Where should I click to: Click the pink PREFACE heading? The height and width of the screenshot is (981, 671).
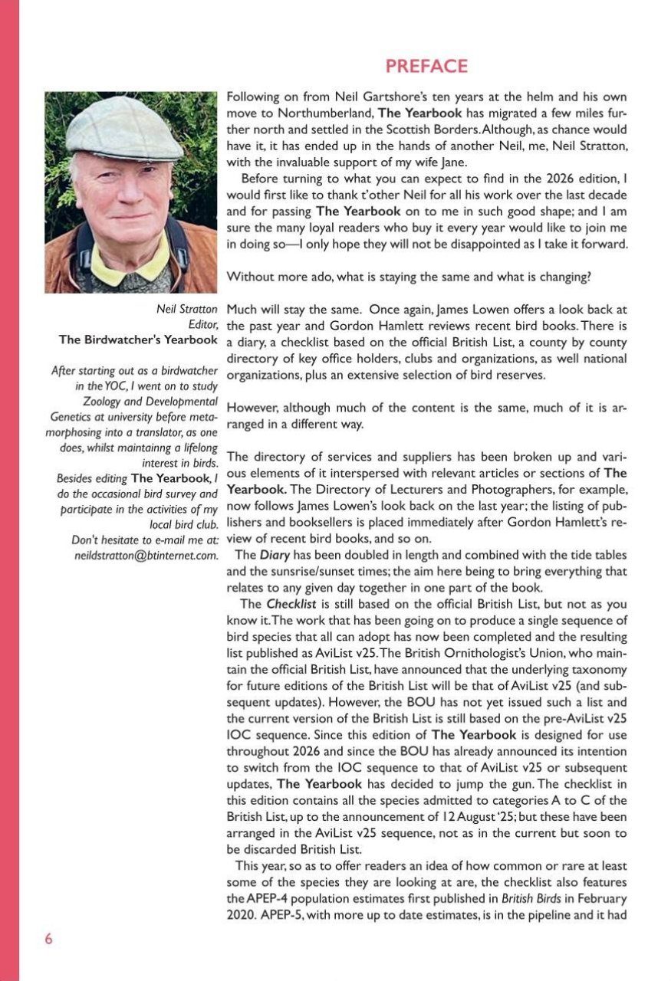coord(426,67)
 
